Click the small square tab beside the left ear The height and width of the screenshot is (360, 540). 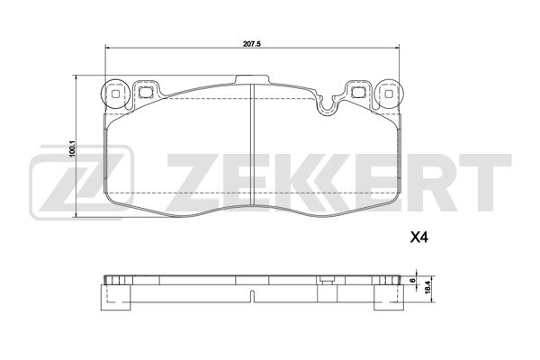(x=145, y=90)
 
